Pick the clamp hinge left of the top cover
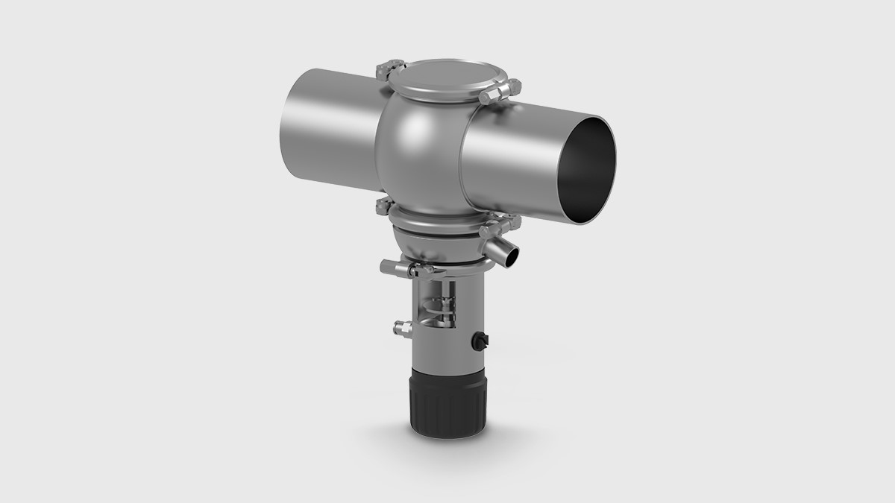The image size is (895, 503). click(x=387, y=70)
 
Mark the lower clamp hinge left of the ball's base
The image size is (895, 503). click(x=383, y=206)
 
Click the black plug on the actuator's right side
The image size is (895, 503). click(x=480, y=341)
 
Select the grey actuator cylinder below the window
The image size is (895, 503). click(x=446, y=346)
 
